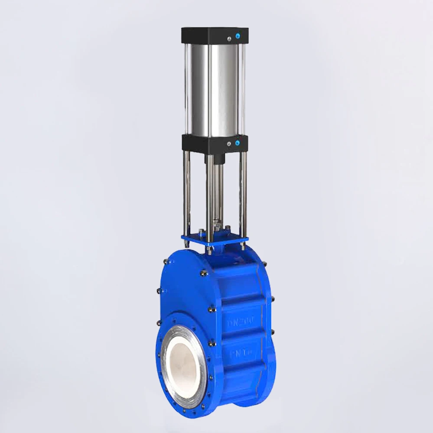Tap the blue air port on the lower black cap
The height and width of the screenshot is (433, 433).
point(237,143)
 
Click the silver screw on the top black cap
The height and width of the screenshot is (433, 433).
point(228,40)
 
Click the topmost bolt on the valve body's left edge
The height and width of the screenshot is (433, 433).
point(166,262)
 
